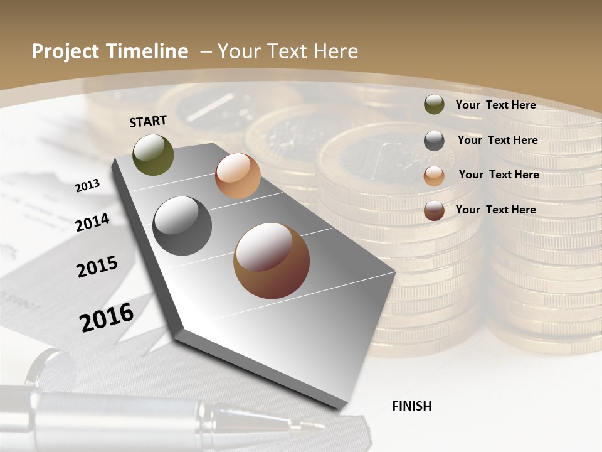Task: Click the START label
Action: [148, 121]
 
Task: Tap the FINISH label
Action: [411, 406]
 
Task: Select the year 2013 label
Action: [87, 185]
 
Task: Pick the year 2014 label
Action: [92, 222]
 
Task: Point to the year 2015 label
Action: [97, 267]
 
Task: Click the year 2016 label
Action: [107, 317]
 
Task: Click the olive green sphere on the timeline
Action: [153, 155]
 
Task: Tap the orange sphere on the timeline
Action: [238, 176]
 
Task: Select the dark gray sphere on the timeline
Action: [182, 226]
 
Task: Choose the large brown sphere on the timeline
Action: [271, 261]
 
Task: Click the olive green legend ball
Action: [434, 105]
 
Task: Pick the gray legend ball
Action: [434, 141]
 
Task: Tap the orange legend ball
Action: [434, 176]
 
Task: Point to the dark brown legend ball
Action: [434, 210]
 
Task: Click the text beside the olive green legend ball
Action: [495, 105]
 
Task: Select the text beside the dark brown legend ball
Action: [495, 210]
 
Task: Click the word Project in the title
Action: [65, 51]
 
